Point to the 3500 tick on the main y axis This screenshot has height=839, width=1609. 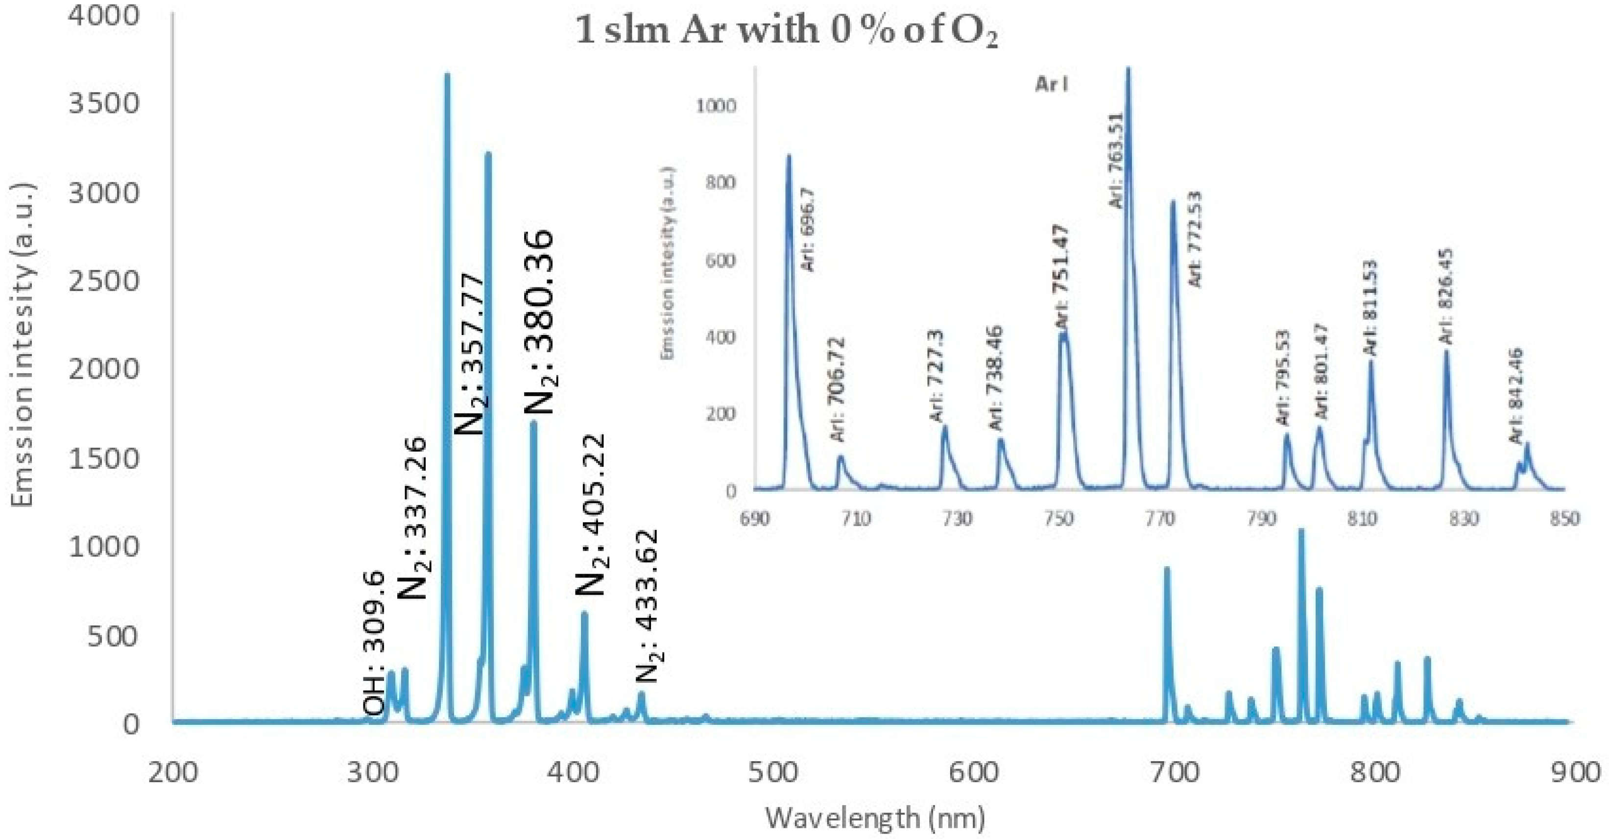click(103, 103)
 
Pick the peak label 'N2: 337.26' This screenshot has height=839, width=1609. click(412, 518)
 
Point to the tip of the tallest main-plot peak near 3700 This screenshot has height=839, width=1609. click(447, 75)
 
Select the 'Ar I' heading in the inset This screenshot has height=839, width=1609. click(1051, 84)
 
